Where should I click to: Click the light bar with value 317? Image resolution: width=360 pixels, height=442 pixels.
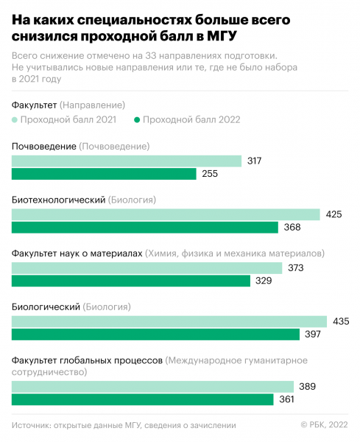127,161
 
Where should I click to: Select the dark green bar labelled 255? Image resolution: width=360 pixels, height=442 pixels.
104,174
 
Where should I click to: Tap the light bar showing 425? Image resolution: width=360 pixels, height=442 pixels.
166,214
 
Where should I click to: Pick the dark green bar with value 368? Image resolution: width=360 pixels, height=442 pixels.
145,228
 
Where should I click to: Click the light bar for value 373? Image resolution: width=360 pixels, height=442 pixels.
147,268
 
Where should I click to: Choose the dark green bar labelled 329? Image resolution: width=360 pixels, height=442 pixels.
131,281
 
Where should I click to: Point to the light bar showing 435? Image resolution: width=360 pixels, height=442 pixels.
169,321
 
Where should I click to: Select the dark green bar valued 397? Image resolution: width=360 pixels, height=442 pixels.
155,334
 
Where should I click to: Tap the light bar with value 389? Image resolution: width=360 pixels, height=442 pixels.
152,387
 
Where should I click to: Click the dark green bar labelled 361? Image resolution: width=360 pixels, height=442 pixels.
143,399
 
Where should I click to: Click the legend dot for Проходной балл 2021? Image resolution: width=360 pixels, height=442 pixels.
15,119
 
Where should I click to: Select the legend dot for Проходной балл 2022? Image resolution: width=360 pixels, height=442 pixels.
137,119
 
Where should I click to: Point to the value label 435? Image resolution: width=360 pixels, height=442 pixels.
341,322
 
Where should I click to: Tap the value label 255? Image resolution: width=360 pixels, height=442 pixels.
210,175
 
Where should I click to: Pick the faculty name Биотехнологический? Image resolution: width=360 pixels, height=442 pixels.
58,200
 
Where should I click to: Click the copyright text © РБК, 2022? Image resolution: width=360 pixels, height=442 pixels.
325,424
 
